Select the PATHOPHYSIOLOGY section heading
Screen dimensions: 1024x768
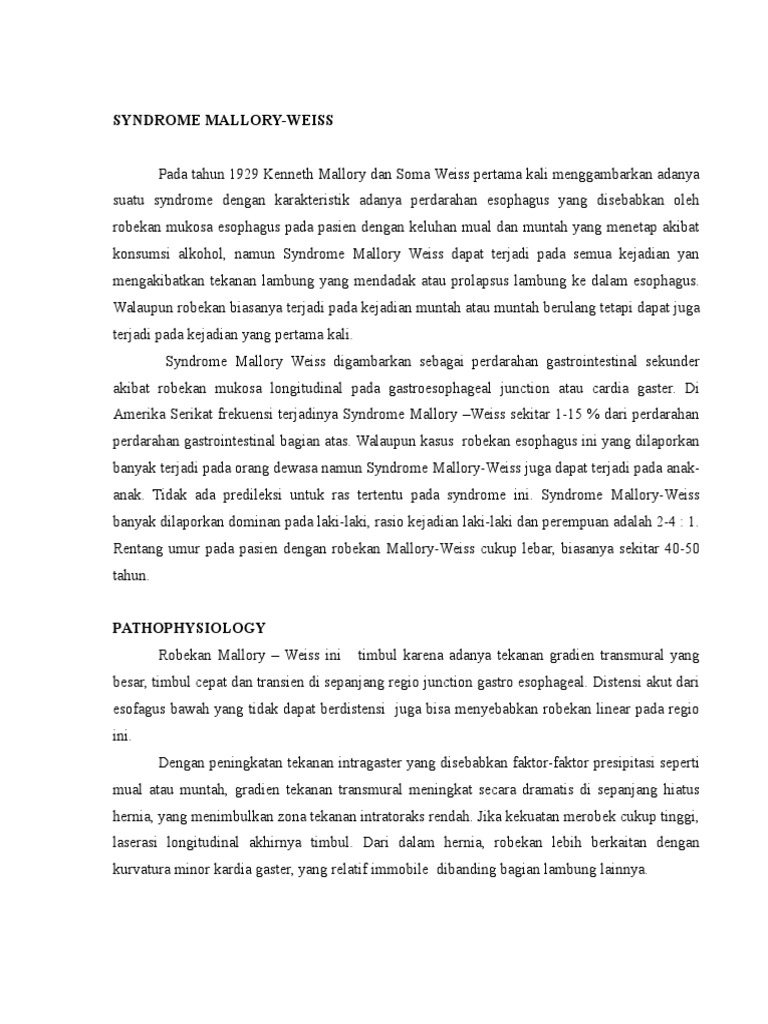pos(188,628)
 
